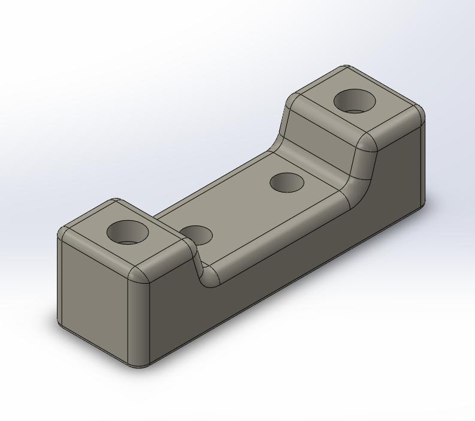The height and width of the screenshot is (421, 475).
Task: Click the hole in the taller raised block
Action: tap(354, 101)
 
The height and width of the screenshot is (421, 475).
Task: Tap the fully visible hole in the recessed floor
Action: tap(286, 182)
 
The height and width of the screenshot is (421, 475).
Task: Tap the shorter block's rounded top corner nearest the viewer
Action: tap(140, 275)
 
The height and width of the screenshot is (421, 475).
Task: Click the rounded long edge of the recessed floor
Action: tap(282, 234)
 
